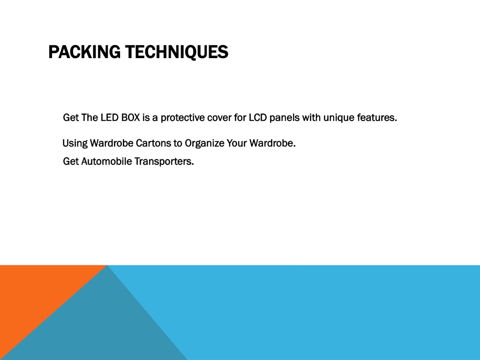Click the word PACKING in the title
(x=84, y=52)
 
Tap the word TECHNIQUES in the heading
(x=177, y=52)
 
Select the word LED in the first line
(x=110, y=118)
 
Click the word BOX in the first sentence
(x=131, y=118)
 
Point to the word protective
(x=182, y=118)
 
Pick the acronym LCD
(x=258, y=118)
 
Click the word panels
(x=285, y=118)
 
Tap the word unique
(x=339, y=118)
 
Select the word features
(x=377, y=118)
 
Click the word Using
(x=75, y=143)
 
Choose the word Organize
(x=204, y=143)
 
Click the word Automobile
(x=106, y=161)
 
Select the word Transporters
(x=164, y=162)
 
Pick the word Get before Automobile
(x=71, y=161)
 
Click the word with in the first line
(x=311, y=118)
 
